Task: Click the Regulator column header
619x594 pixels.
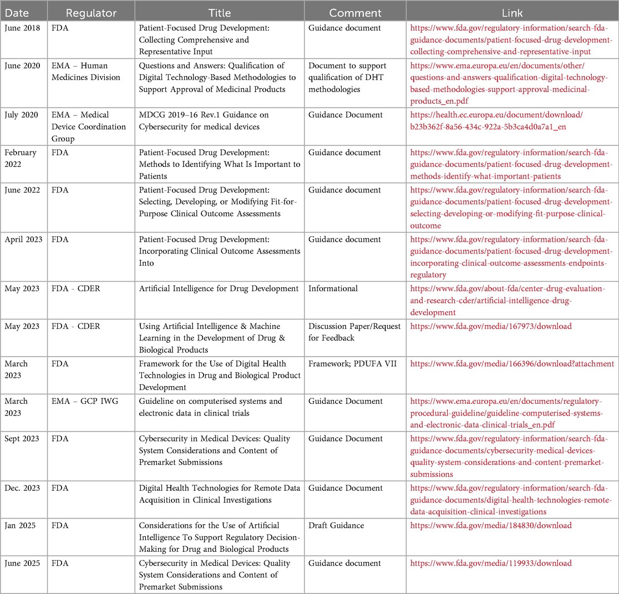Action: pos(90,12)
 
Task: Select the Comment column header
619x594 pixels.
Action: pos(355,12)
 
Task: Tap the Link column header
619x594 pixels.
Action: pos(512,12)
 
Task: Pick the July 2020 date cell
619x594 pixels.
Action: pos(21,115)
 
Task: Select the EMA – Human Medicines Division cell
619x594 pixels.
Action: pos(85,72)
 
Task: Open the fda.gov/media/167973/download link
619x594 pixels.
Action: pos(490,326)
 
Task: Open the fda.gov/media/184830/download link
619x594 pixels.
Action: pos(490,525)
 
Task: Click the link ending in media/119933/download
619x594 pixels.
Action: pos(490,563)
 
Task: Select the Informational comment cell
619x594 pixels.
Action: pos(333,288)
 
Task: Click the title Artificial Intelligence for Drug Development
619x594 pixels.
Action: pos(219,288)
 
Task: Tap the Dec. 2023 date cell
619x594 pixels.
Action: pos(23,488)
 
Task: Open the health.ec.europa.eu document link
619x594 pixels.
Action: pos(496,120)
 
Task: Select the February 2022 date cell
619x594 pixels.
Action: pos(21,158)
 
